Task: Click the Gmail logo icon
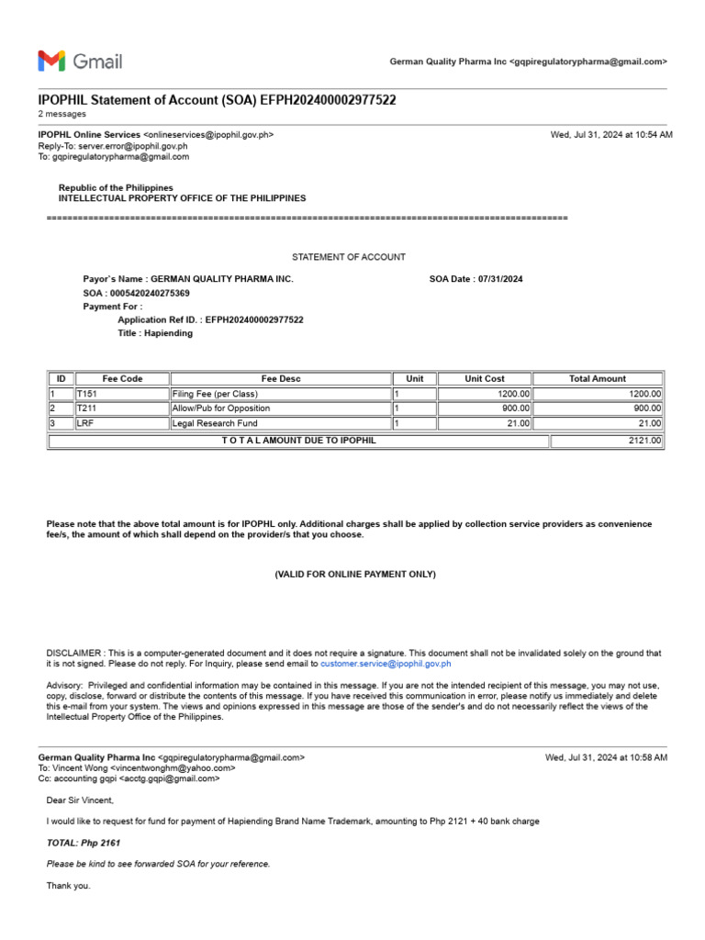point(52,62)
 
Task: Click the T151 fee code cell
point(121,394)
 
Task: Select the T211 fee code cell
point(121,408)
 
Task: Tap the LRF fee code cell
point(121,423)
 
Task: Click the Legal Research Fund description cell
point(280,423)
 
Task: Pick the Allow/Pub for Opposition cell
point(280,408)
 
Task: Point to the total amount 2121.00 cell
point(606,441)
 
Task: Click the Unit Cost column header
point(485,378)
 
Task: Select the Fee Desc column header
point(280,378)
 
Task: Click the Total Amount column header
point(597,378)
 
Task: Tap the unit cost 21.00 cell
point(485,423)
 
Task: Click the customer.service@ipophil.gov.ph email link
point(386,663)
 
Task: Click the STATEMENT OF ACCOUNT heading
point(348,257)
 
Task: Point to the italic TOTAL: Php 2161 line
point(84,843)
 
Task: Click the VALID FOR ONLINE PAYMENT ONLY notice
point(355,575)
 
